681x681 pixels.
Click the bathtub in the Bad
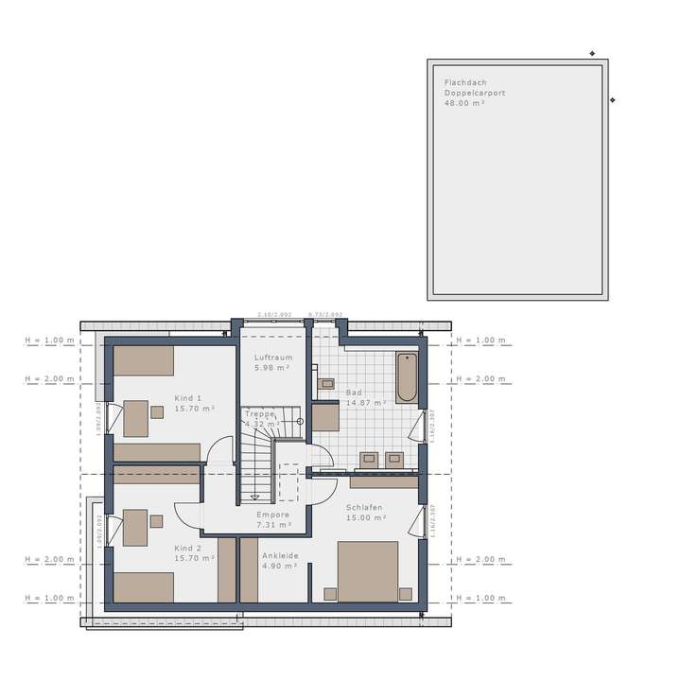[x=407, y=377]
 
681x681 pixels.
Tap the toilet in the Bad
[x=327, y=383]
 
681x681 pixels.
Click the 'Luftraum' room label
[x=273, y=358]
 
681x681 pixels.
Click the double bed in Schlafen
[x=367, y=570]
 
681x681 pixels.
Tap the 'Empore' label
[x=273, y=515]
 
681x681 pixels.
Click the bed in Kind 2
[x=145, y=586]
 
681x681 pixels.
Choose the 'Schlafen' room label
[x=364, y=507]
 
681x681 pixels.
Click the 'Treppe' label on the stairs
[x=260, y=413]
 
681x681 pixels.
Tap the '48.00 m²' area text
[x=463, y=102]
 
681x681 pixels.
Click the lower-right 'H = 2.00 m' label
[x=481, y=559]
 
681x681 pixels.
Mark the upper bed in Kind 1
[x=145, y=360]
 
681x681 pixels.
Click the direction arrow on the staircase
[x=253, y=496]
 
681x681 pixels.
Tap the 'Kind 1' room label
[x=188, y=398]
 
